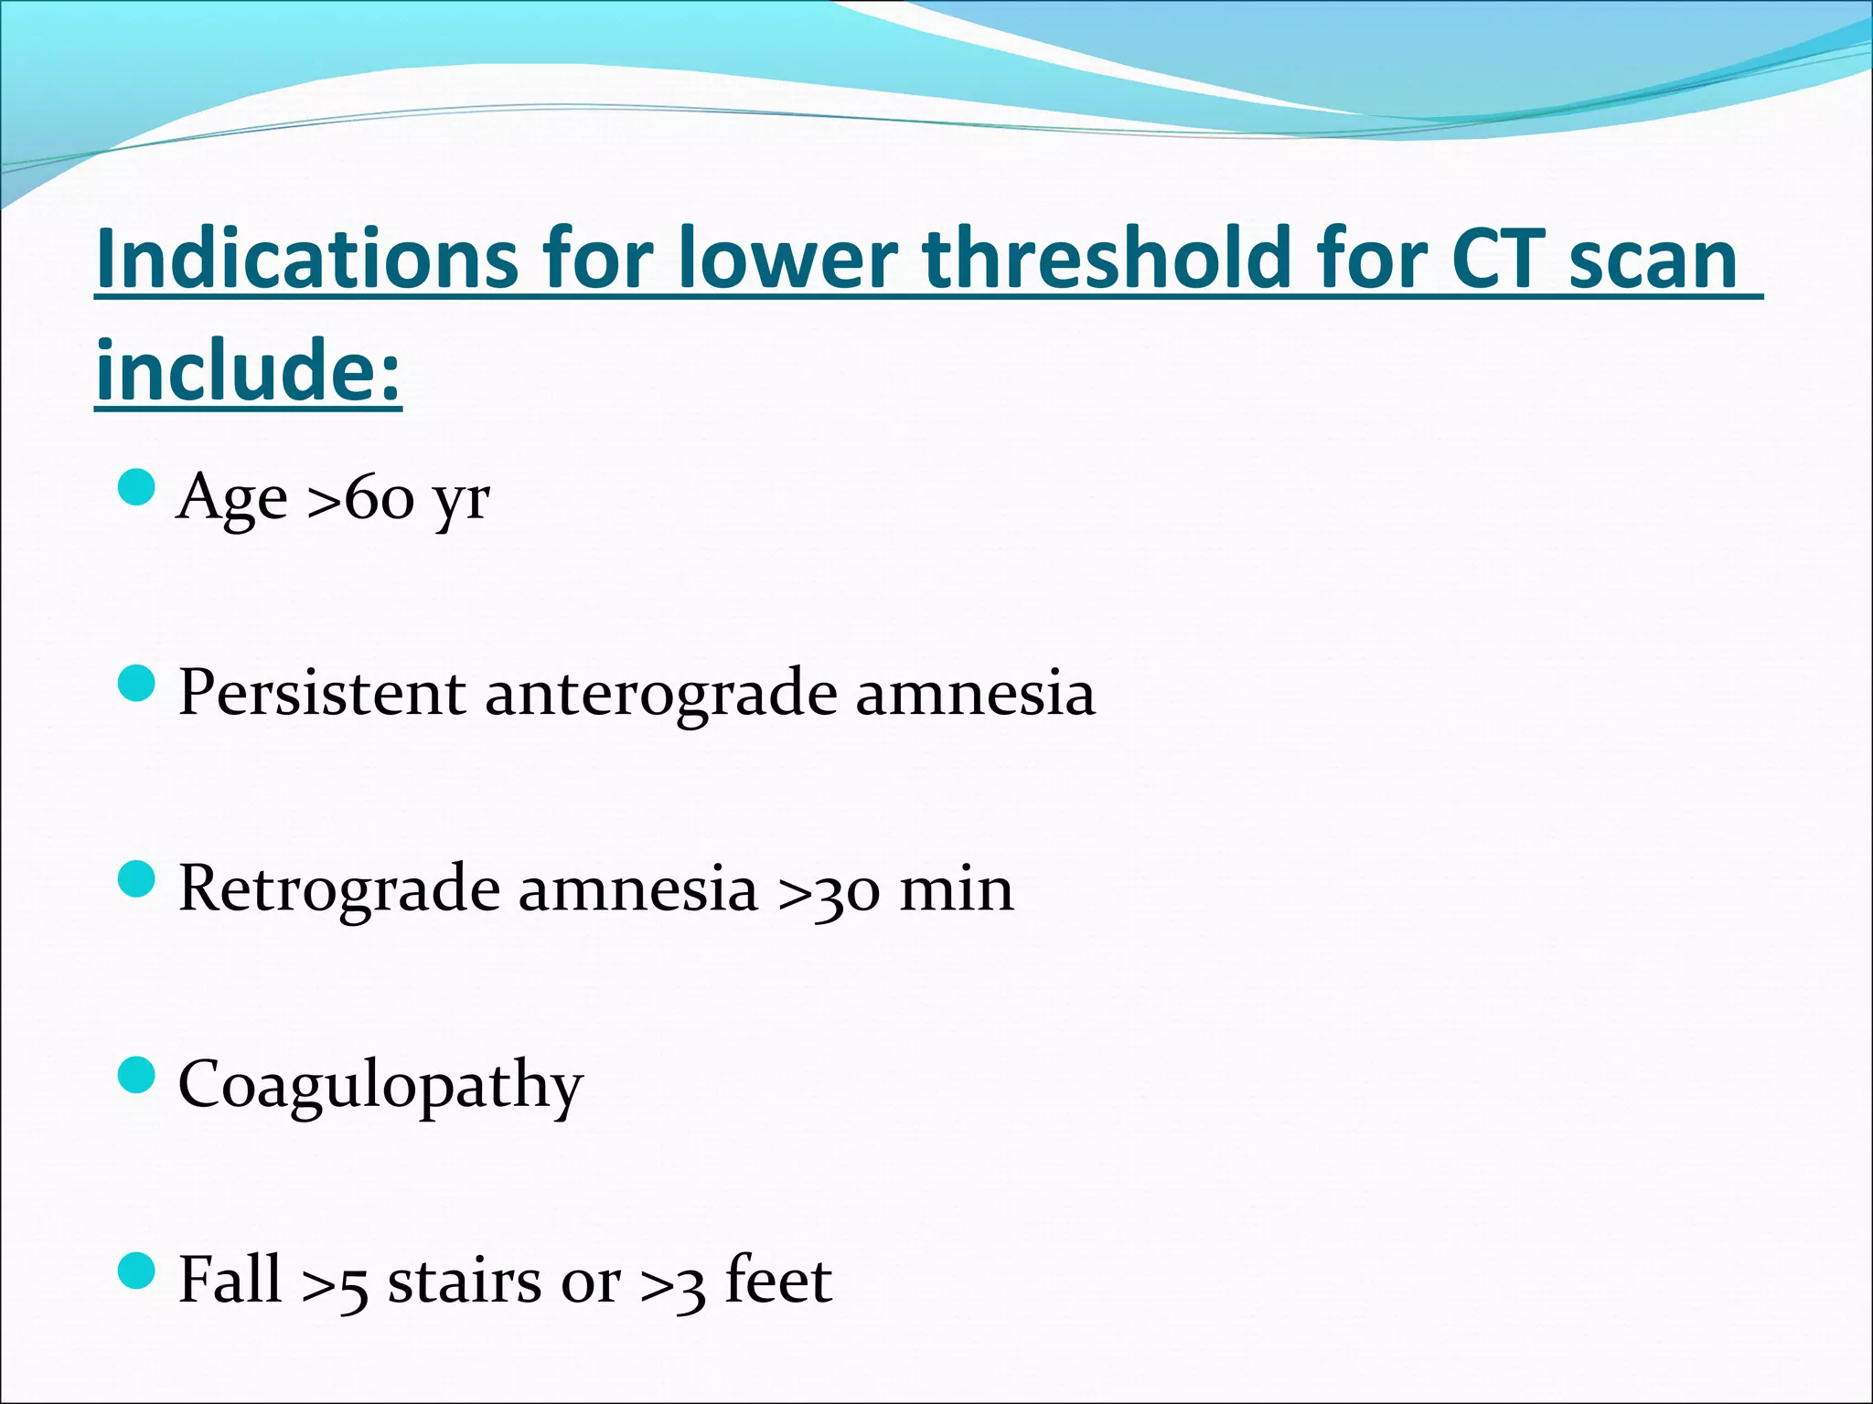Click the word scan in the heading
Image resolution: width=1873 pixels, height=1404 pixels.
pos(1653,261)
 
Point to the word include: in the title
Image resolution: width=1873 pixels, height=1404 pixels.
pos(248,370)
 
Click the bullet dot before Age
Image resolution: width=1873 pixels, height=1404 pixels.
pos(137,487)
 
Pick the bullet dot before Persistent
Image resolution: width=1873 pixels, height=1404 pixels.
pos(137,683)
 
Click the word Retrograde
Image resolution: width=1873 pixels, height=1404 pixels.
pos(339,889)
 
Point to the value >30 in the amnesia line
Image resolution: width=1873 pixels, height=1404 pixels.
pos(829,890)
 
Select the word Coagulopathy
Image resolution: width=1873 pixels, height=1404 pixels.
pos(380,1086)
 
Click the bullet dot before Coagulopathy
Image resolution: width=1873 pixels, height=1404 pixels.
pos(137,1075)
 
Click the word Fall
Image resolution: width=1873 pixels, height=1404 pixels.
pos(230,1280)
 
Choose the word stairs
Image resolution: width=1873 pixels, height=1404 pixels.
pos(465,1282)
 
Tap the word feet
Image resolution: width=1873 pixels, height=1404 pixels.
pos(778,1280)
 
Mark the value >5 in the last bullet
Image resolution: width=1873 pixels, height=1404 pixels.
pos(335,1283)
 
